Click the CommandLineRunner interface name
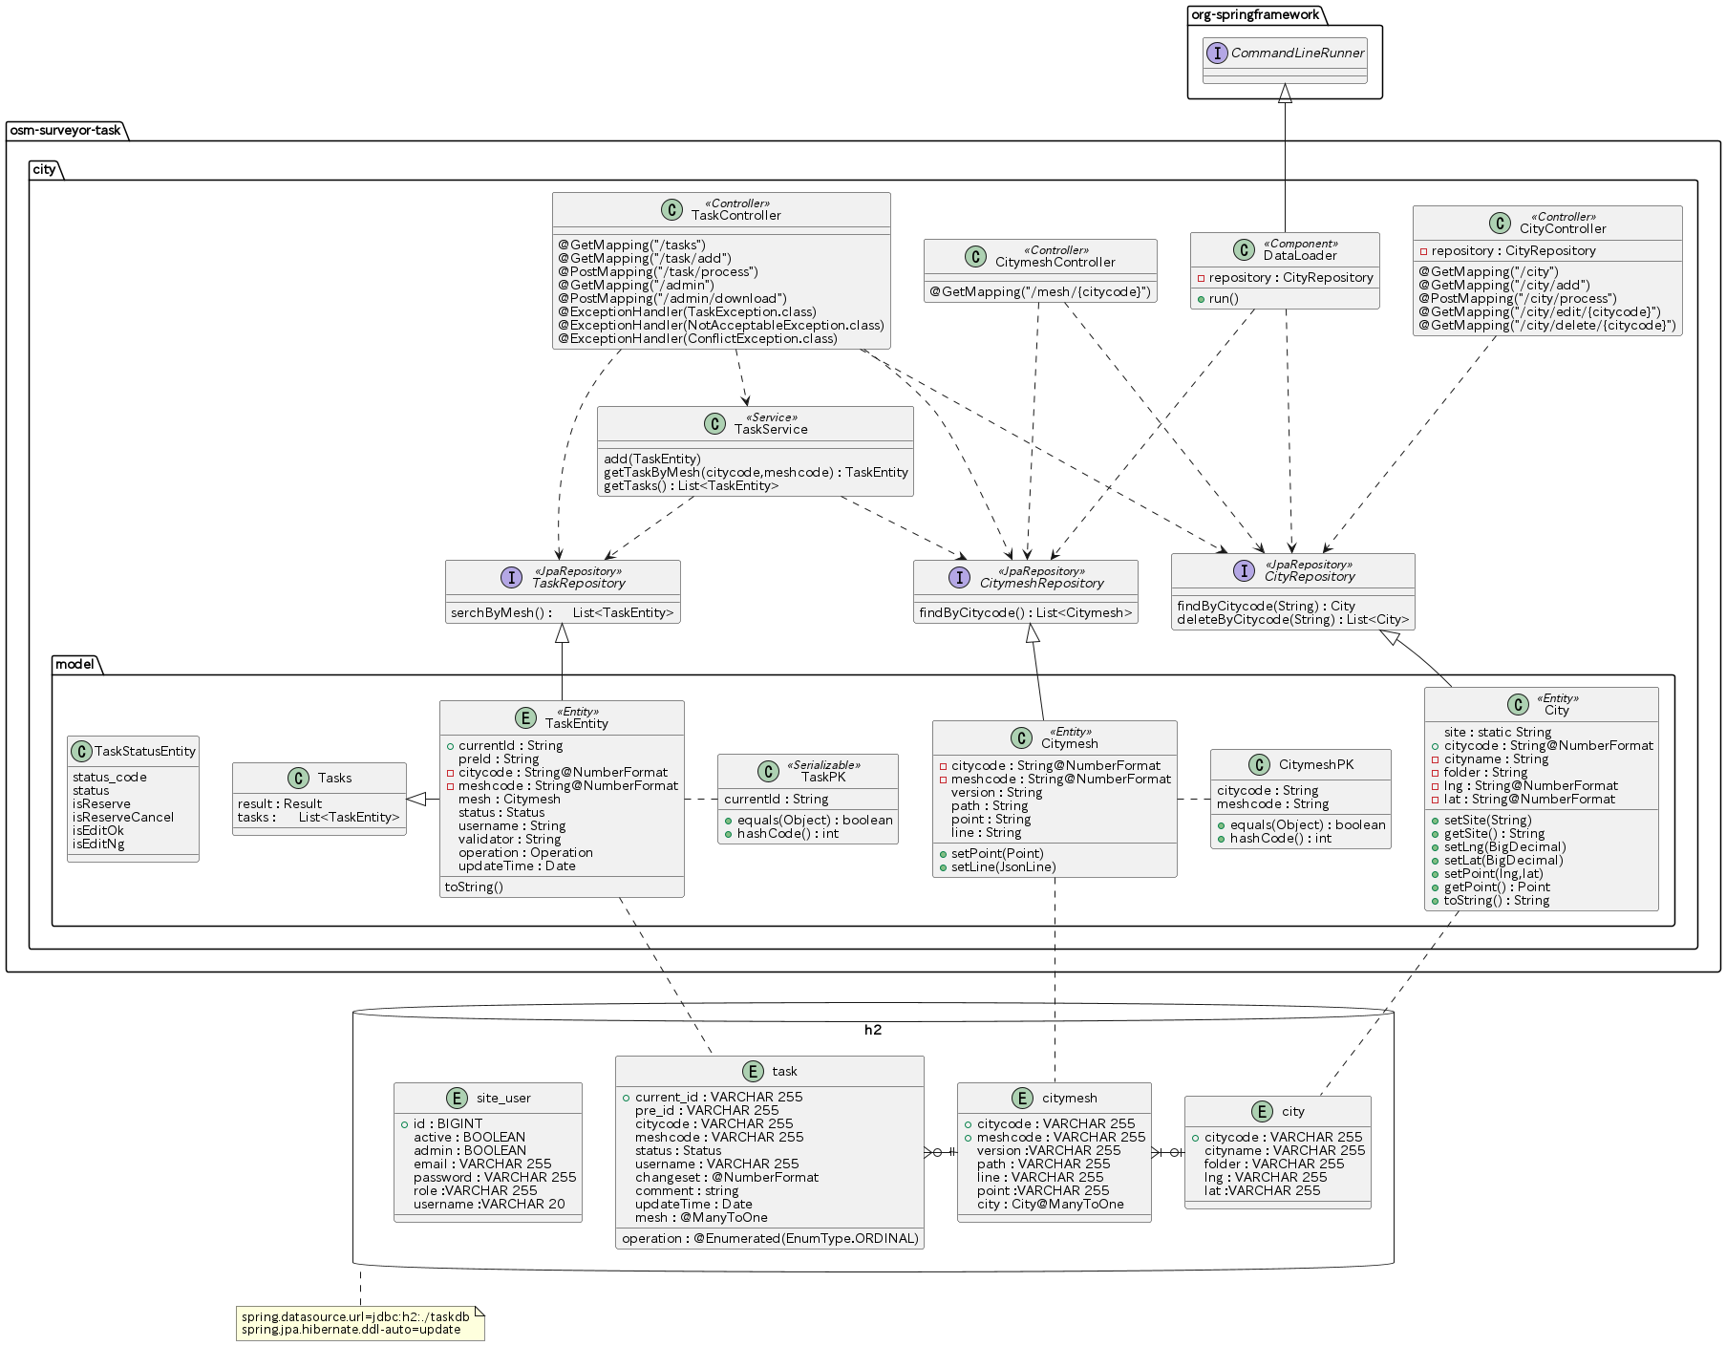[x=1297, y=53]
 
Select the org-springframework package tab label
[x=1255, y=14]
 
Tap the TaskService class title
[x=771, y=429]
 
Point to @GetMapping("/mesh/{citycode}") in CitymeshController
[x=1040, y=291]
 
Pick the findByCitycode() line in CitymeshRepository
[x=1026, y=612]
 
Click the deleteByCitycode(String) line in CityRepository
[x=1292, y=619]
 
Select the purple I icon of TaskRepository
[x=511, y=577]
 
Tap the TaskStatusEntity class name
[x=145, y=751]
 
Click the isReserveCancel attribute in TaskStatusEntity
[x=123, y=817]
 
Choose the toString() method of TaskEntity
[x=474, y=887]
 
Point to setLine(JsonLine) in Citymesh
[x=1004, y=866]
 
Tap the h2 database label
[x=873, y=1030]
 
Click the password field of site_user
[x=495, y=1177]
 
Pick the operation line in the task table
[x=770, y=1238]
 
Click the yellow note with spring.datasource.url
[x=360, y=1323]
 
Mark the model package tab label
[x=75, y=664]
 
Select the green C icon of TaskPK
[x=768, y=771]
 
